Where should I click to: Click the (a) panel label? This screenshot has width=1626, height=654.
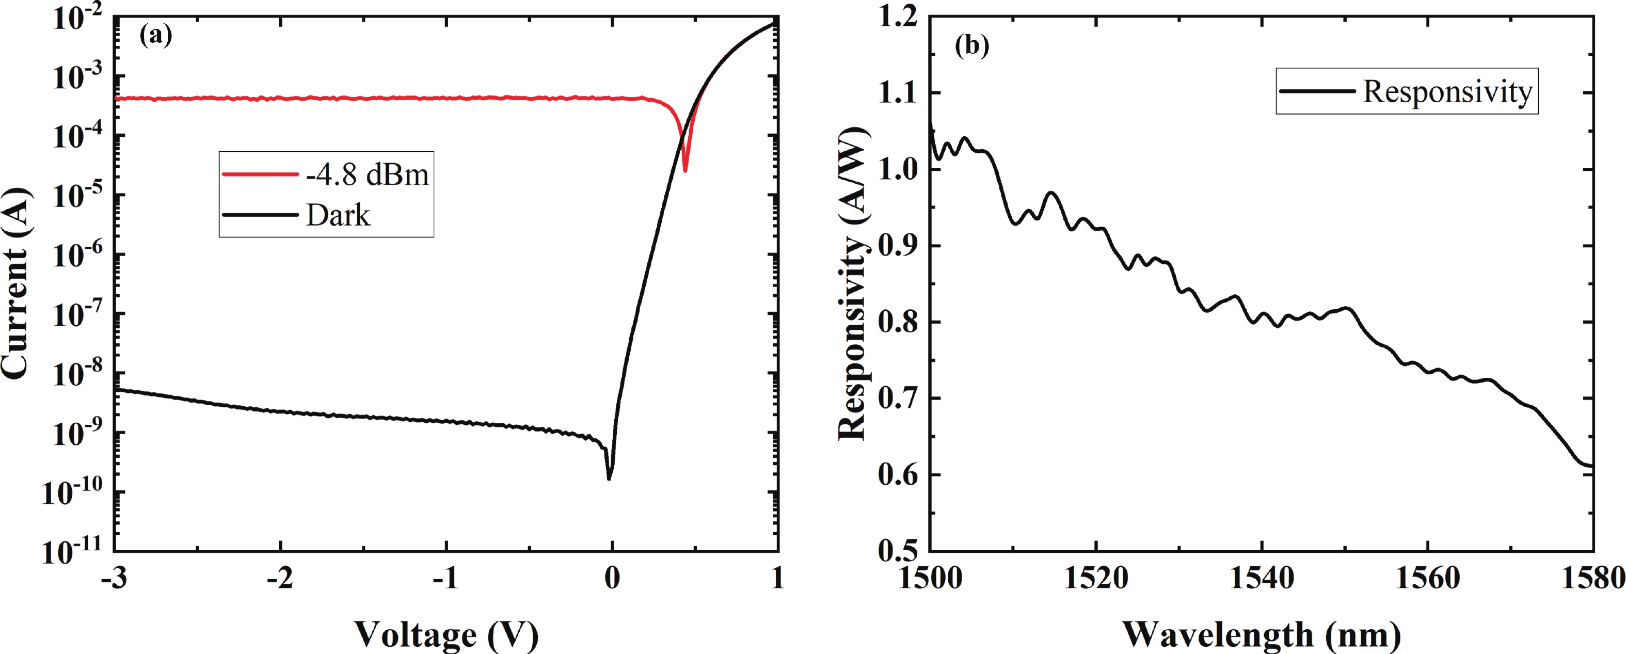(155, 35)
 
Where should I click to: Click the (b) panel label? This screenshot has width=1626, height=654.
(971, 45)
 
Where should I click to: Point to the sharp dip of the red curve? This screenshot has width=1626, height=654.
(685, 170)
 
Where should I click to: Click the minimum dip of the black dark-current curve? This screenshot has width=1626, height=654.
(609, 478)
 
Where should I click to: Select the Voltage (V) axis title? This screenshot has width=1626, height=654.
(445, 634)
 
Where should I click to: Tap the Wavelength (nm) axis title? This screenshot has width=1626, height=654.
(1261, 634)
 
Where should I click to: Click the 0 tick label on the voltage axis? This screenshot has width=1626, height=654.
(612, 578)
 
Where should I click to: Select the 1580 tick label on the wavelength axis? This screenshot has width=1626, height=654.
(1592, 578)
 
